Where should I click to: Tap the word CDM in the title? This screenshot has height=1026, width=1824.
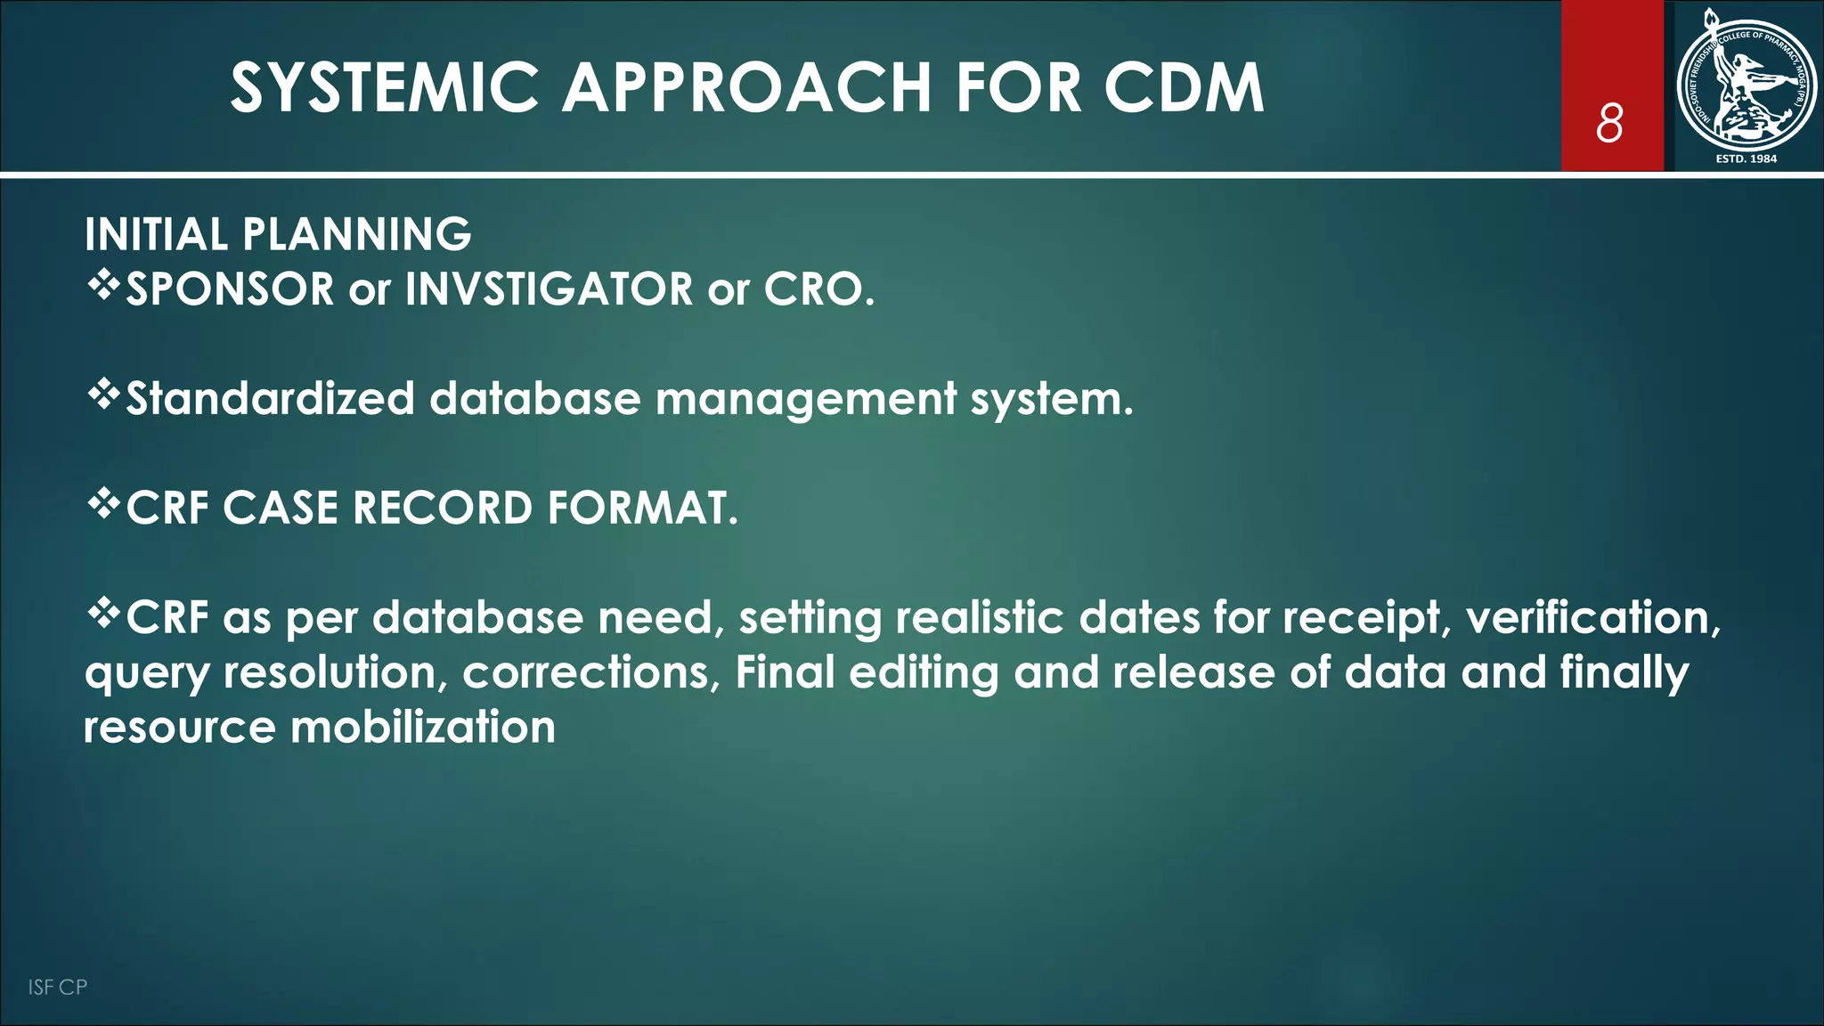click(x=1184, y=88)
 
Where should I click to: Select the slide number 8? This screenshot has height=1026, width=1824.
click(x=1609, y=123)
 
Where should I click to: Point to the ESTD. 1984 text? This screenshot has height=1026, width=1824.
click(x=1746, y=159)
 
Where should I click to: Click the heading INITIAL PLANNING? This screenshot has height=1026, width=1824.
click(x=278, y=235)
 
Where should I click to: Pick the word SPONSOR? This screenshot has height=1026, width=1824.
click(x=230, y=289)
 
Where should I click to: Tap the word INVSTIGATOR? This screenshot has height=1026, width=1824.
click(x=549, y=289)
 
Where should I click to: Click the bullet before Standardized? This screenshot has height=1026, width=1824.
click(x=103, y=395)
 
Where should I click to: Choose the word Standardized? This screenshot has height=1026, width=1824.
click(x=271, y=399)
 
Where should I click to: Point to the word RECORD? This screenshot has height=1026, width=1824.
click(x=443, y=509)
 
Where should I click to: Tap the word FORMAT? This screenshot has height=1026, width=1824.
click(x=642, y=509)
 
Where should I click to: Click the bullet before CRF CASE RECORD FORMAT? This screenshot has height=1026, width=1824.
click(x=103, y=504)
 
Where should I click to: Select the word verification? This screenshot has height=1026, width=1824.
click(x=1593, y=618)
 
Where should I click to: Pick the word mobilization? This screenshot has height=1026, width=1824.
click(x=423, y=728)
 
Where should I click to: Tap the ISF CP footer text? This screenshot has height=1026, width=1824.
click(x=57, y=987)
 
